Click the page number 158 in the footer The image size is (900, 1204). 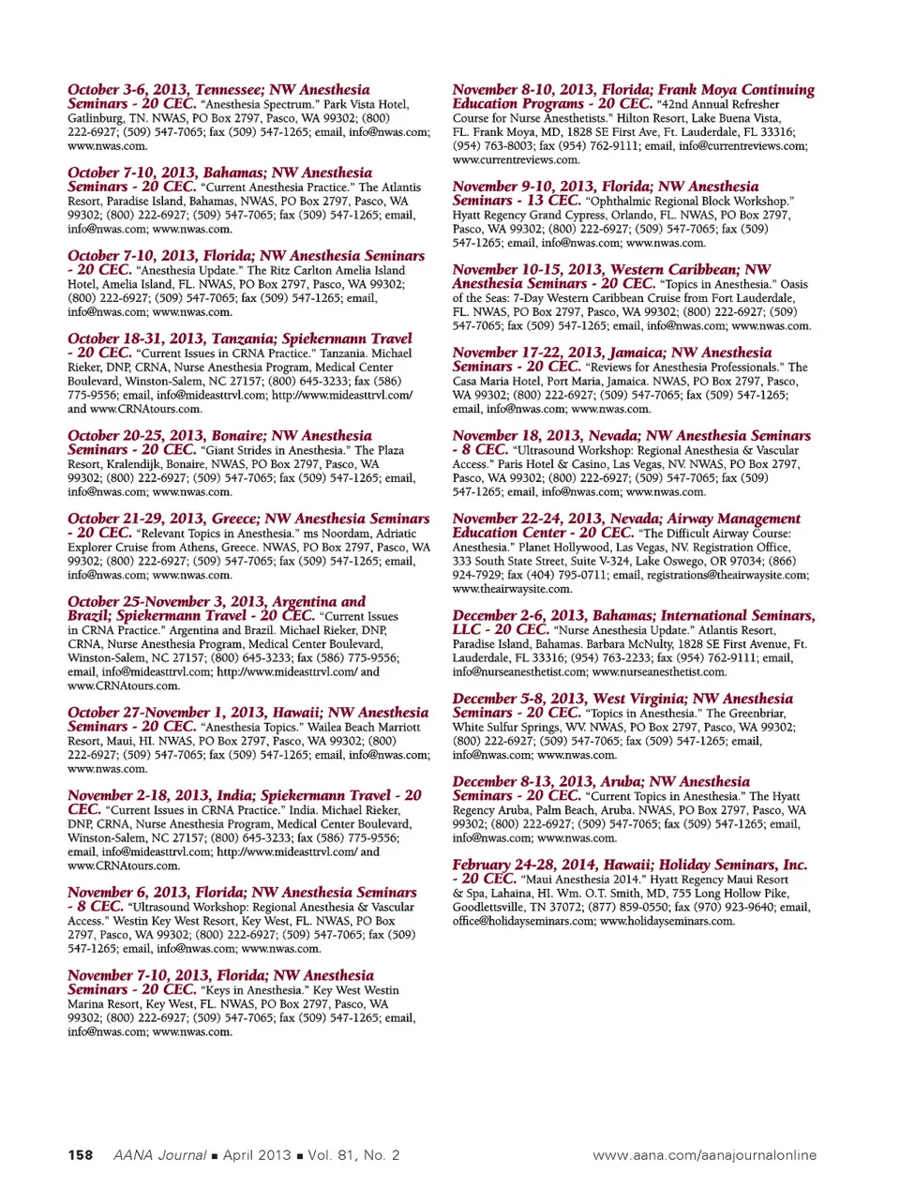(x=80, y=1154)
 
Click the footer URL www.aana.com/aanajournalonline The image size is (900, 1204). (x=704, y=1154)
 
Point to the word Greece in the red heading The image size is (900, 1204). (x=229, y=519)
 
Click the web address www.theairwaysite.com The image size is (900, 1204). (x=511, y=589)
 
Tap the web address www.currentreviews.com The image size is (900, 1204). (x=516, y=159)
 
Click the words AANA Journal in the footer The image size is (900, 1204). (x=159, y=1154)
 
